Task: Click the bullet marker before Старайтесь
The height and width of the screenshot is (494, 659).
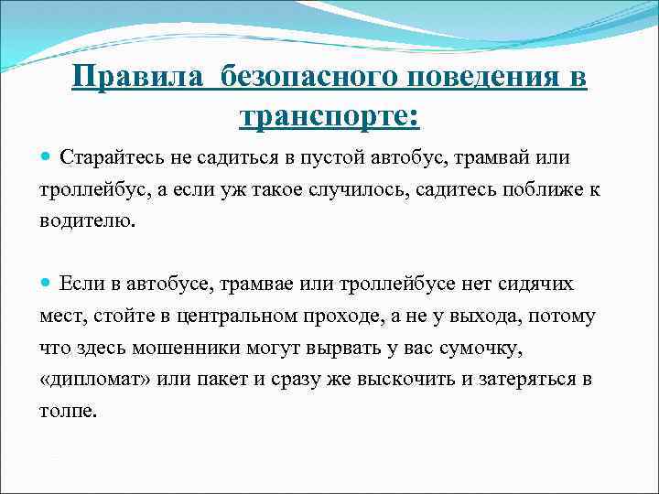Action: pyautogui.click(x=47, y=157)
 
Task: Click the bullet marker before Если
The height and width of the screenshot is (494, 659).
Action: pyautogui.click(x=47, y=284)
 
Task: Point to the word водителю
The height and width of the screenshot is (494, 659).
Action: pyautogui.click(x=86, y=221)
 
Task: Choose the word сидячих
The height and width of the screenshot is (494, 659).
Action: pyautogui.click(x=535, y=284)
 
